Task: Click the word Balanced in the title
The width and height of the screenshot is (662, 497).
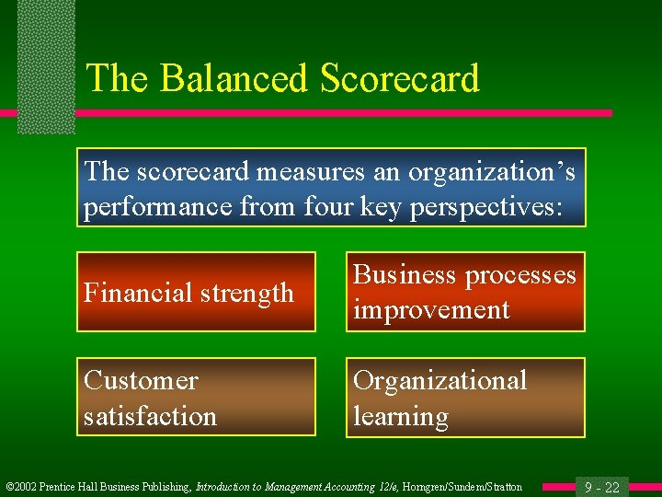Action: (235, 78)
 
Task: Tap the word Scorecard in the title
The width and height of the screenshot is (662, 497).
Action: (400, 78)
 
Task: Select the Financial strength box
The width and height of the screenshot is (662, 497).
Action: (196, 292)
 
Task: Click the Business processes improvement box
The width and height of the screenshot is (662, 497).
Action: (465, 292)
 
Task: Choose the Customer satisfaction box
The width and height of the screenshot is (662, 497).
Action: (196, 397)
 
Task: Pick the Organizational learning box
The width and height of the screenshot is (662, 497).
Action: (465, 397)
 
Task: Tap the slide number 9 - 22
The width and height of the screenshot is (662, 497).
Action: (602, 487)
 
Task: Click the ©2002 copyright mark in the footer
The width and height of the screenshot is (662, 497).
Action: (22, 487)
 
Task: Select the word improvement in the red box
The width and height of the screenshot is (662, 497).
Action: (431, 309)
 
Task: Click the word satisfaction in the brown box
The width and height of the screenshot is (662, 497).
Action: (150, 415)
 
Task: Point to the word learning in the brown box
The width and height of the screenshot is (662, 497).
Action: (401, 415)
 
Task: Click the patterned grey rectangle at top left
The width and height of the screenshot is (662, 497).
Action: (46, 64)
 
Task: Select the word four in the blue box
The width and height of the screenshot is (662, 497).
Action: (321, 206)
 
